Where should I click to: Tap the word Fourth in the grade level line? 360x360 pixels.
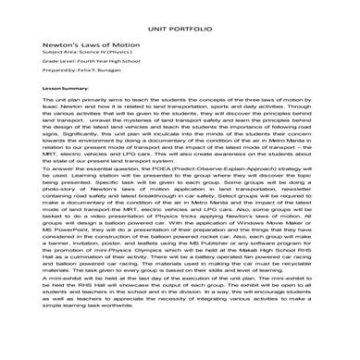click(71, 64)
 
